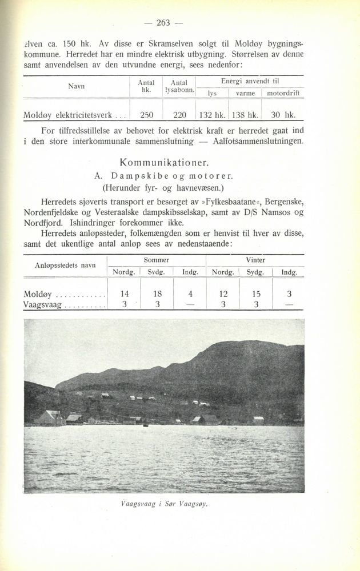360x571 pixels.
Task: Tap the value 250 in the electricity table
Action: tap(146, 114)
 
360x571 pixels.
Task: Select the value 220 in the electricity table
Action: tap(179, 114)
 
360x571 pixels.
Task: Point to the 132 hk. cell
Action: tap(213, 114)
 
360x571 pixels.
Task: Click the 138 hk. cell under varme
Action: tap(245, 114)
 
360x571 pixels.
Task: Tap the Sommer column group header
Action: tap(157, 260)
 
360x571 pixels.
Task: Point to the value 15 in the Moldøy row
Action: tap(256, 293)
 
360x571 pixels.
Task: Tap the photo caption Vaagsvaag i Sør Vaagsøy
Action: tap(163, 504)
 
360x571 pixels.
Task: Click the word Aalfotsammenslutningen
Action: tap(255, 140)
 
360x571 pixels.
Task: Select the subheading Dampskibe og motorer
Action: tap(164, 174)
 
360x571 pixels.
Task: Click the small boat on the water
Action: tap(145, 425)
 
